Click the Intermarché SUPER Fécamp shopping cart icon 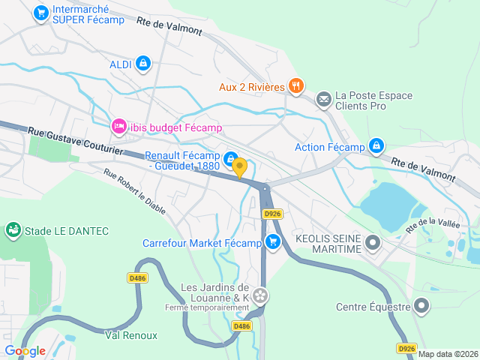[41, 13]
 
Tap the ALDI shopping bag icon [142, 64]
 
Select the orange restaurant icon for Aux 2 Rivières [296, 86]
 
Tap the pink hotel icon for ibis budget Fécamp [118, 127]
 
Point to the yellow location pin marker [239, 167]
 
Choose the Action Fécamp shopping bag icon [376, 145]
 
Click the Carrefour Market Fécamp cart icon [272, 242]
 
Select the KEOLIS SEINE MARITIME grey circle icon [373, 242]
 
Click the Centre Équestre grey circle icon [421, 305]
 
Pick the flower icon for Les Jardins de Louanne [260, 296]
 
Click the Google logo [25, 350]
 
